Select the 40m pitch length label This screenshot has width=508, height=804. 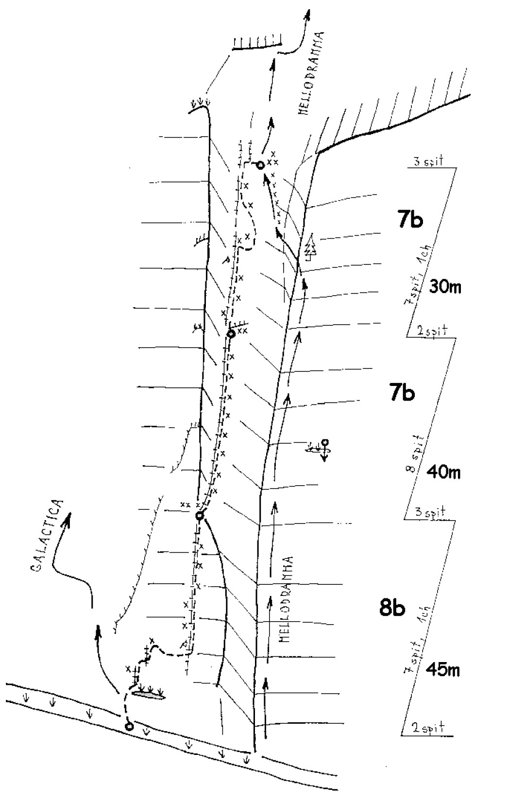[442, 472]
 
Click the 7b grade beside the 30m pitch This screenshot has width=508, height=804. [410, 220]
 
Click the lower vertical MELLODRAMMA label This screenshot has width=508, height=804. [286, 599]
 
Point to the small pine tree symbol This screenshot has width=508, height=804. [311, 246]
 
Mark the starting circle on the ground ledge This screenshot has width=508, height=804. [129, 727]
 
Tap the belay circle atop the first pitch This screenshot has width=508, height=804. [199, 516]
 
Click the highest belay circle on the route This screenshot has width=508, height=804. [260, 165]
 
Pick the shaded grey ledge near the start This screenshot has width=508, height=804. [149, 695]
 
